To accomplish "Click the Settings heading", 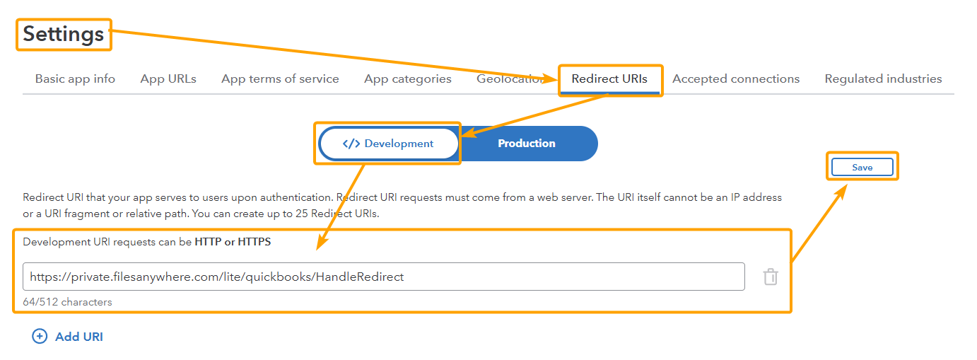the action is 63,35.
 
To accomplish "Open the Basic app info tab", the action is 75,79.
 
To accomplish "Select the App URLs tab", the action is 168,79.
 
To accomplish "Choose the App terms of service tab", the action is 280,79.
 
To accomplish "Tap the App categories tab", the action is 408,79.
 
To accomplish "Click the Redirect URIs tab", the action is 609,79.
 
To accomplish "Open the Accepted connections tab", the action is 736,79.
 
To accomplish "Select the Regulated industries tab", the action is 883,79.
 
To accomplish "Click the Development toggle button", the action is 389,144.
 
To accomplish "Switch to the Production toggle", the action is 527,144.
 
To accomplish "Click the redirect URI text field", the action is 383,277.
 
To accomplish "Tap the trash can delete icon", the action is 771,277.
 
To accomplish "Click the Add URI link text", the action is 79,337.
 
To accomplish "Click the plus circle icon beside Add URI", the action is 40,337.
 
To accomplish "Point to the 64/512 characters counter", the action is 67,302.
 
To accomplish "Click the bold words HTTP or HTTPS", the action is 233,242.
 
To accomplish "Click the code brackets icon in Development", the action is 351,144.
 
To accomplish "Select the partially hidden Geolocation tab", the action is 510,79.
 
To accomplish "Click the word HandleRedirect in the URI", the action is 360,277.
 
